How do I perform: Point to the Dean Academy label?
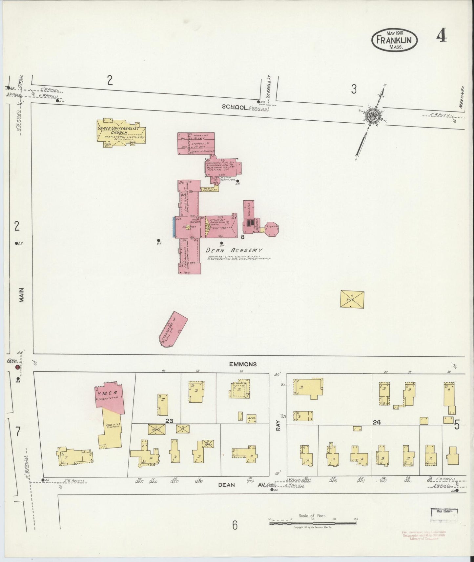234,250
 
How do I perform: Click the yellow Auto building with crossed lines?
352,299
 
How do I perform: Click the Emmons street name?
243,364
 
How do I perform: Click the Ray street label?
278,425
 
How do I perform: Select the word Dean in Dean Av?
226,485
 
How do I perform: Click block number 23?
169,421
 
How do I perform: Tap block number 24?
376,423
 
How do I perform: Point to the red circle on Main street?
17,367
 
